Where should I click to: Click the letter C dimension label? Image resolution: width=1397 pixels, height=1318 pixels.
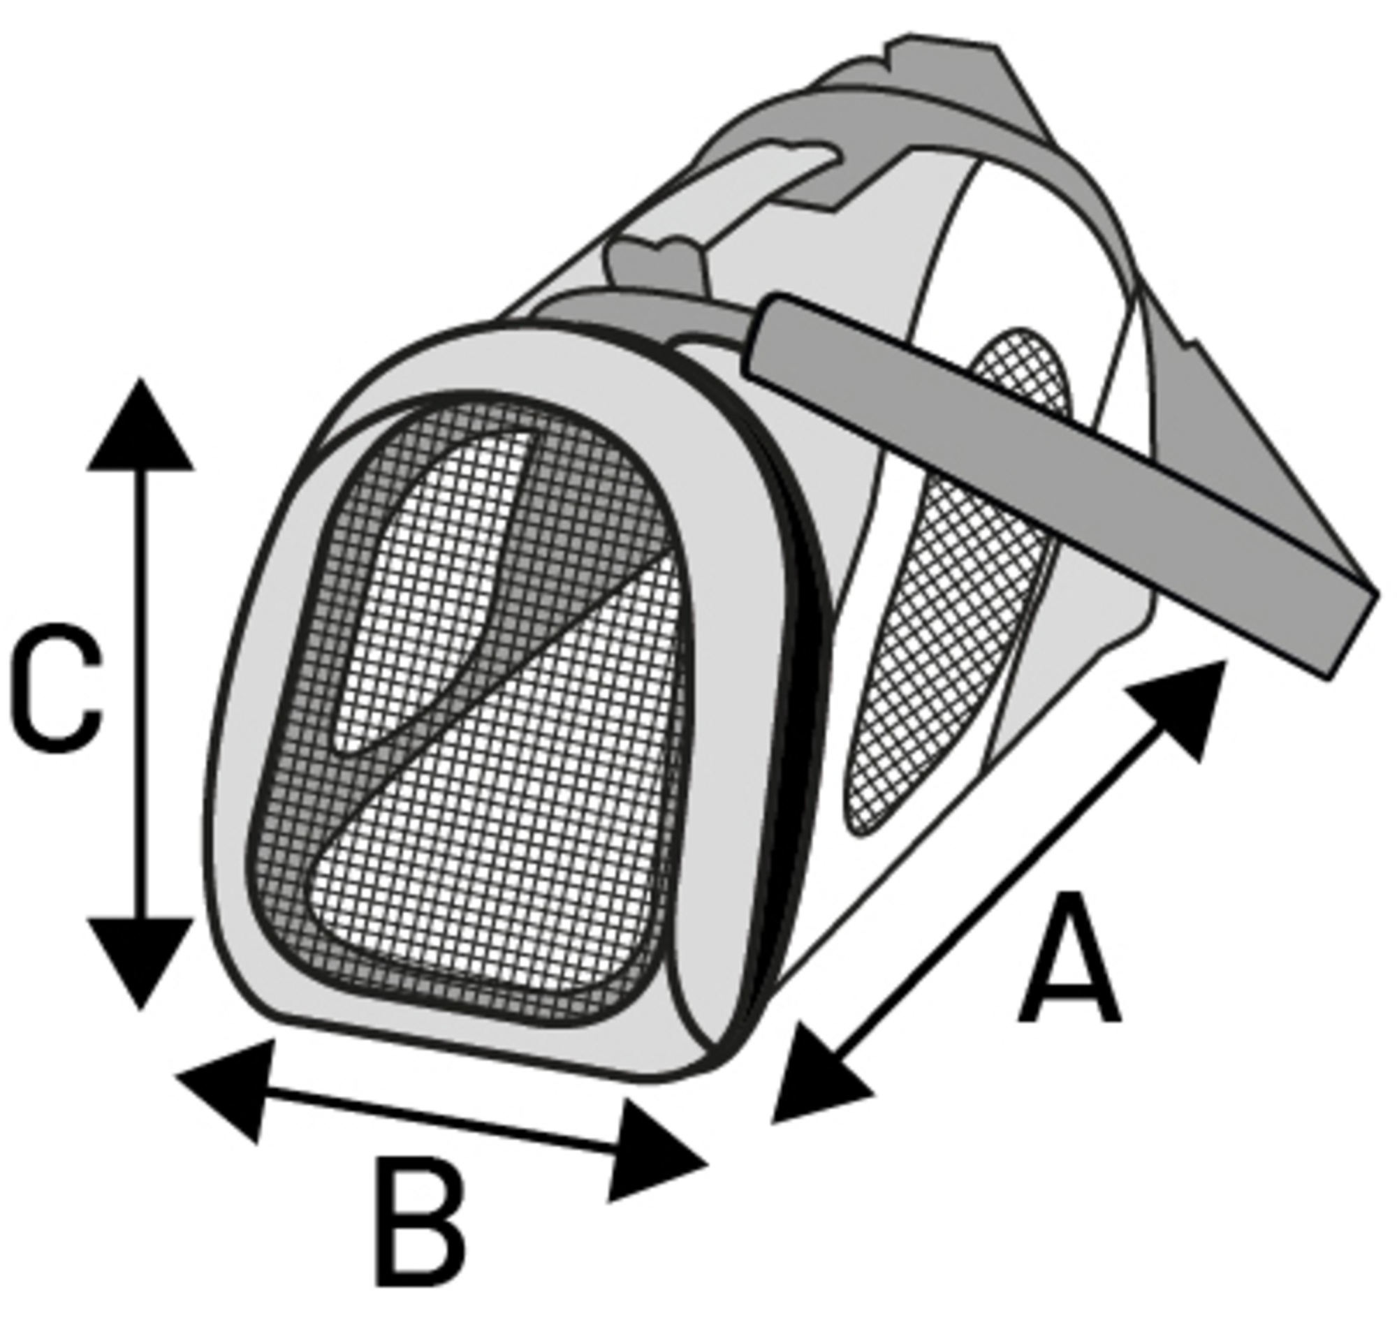(56, 688)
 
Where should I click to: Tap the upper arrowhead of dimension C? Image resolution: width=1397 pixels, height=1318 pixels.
(140, 425)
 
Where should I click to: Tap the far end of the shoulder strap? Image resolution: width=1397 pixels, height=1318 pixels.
(1353, 632)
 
